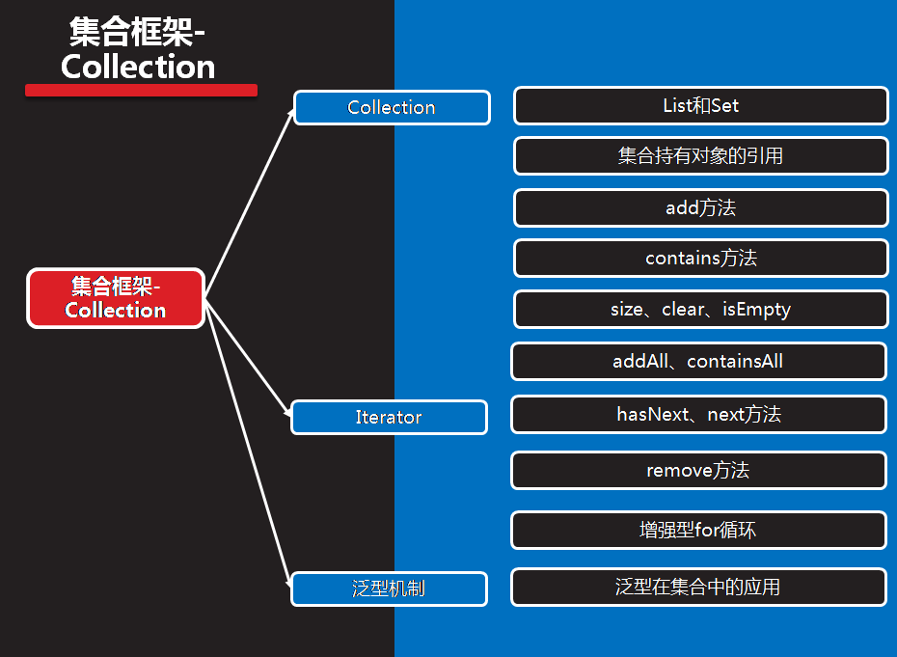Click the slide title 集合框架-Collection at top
138,49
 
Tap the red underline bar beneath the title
141,90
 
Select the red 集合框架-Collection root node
116,298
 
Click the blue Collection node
392,108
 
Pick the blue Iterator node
389,418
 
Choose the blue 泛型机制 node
389,589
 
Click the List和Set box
700,106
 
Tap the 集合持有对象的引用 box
700,156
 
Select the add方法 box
700,207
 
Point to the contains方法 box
700,259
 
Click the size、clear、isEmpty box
700,310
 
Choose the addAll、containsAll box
698,362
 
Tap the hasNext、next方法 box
698,415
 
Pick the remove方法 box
698,471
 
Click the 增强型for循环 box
698,530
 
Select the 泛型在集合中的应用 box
698,587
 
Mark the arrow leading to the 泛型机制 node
249,444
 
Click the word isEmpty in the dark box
756,310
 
